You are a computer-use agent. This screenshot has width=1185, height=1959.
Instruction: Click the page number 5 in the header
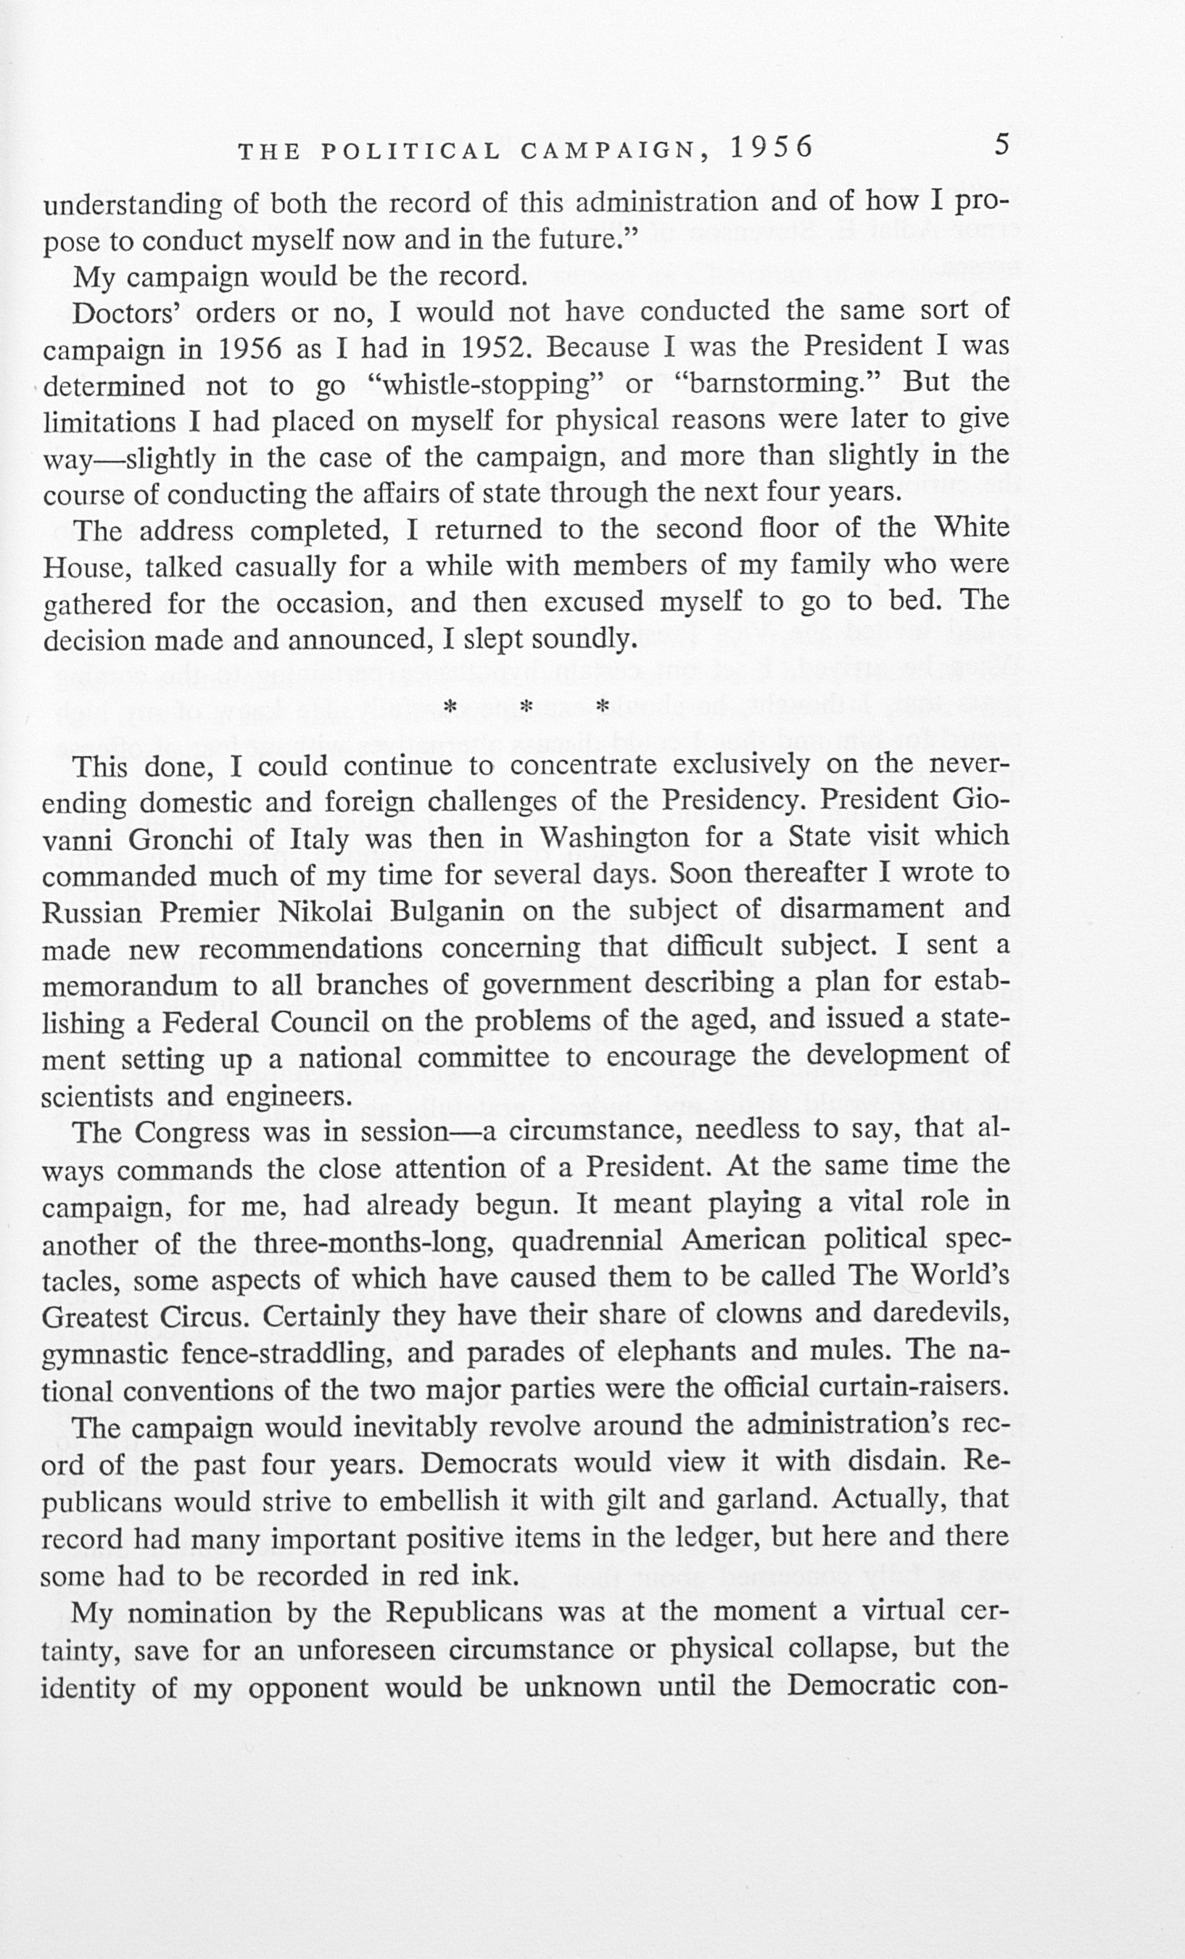pos(1002,146)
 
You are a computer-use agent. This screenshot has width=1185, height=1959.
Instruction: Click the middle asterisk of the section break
pos(526,706)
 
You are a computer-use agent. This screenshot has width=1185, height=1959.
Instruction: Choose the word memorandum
pos(130,986)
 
